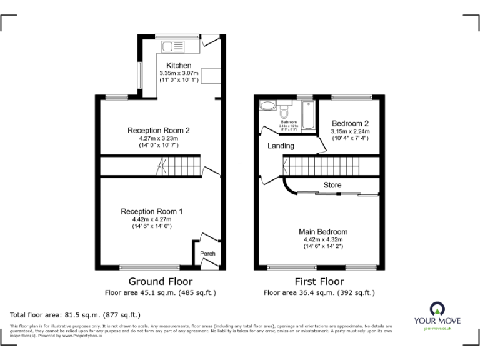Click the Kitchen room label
179,66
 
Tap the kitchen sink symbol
169,46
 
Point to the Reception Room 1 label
152,212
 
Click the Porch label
207,254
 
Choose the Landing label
281,146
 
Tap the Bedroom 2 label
350,123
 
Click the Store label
332,185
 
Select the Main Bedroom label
323,232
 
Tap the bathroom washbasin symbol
267,105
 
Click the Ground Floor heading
160,281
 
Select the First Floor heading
319,281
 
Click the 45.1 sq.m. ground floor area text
160,292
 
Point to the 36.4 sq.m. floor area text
319,292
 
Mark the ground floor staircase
181,166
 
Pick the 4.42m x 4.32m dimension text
323,239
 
